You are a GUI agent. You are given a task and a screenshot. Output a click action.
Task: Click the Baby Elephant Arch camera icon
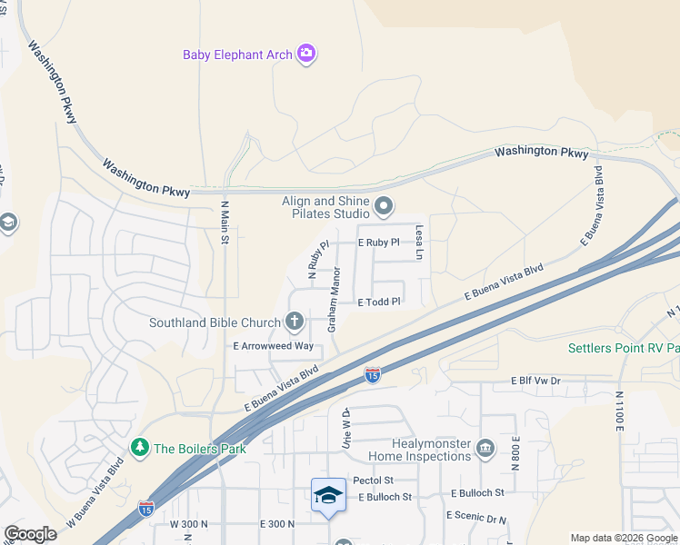307,54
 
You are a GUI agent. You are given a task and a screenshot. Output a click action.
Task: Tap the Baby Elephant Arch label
238,54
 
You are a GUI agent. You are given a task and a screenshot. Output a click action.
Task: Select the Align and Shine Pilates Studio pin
384,206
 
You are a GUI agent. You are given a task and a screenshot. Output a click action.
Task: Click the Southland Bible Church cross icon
294,321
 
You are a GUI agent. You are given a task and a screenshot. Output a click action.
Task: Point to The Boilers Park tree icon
139,448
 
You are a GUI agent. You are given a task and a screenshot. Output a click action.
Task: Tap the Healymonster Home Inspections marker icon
485,448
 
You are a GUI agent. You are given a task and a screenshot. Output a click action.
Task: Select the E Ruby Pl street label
379,243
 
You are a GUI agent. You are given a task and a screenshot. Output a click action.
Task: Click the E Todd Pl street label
379,302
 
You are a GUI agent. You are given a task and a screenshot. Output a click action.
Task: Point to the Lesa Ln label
420,243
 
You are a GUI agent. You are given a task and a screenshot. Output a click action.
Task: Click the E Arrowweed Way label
273,346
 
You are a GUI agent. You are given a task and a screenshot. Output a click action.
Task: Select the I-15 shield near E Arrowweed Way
372,373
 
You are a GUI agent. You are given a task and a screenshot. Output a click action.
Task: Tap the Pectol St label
373,480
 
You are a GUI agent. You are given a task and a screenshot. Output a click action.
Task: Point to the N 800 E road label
515,451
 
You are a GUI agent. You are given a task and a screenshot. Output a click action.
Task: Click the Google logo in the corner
30,534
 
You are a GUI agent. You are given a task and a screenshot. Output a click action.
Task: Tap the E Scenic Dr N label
476,515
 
